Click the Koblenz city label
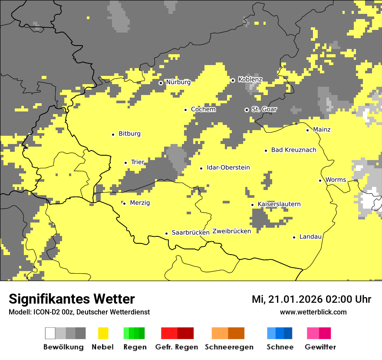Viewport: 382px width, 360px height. pyautogui.click(x=250, y=80)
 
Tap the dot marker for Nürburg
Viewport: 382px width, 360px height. pyautogui.click(x=161, y=82)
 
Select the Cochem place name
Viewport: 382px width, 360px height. pyautogui.click(x=203, y=110)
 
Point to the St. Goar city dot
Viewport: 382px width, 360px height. pyautogui.click(x=247, y=110)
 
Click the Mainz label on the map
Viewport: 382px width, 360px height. pyautogui.click(x=322, y=130)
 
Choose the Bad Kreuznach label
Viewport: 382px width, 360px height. pyautogui.click(x=293, y=150)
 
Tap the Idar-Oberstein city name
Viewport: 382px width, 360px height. pyautogui.click(x=228, y=168)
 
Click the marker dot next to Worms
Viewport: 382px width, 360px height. pyautogui.click(x=320, y=180)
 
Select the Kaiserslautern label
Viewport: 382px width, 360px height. pyautogui.click(x=279, y=204)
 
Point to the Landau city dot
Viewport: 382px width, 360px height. pyautogui.click(x=294, y=237)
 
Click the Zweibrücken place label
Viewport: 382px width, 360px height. pyautogui.click(x=232, y=232)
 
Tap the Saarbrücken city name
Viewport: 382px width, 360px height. pyautogui.click(x=191, y=233)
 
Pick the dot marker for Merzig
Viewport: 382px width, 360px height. pyautogui.click(x=124, y=203)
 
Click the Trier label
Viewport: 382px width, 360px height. pyautogui.click(x=138, y=162)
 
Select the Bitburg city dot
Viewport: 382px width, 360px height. pyautogui.click(x=113, y=134)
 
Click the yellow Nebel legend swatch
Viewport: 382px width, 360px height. pyautogui.click(x=103, y=333)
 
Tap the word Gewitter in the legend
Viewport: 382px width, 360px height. pyautogui.click(x=320, y=347)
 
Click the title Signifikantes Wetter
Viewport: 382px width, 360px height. pyautogui.click(x=72, y=299)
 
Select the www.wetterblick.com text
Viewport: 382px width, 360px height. pyautogui.click(x=313, y=312)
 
